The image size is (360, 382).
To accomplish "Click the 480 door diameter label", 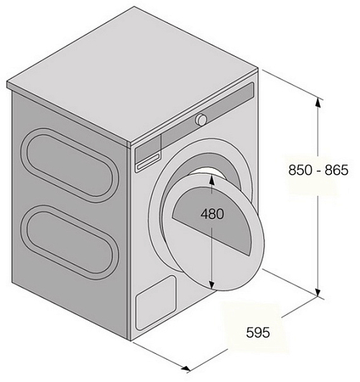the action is pos(212,214).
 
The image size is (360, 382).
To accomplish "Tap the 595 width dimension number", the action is pos(258,332).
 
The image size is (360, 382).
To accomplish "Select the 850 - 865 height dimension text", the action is pos(318,170).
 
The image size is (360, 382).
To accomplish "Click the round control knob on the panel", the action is pos(201,120).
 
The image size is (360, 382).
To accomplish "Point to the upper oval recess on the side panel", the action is pos(70,165).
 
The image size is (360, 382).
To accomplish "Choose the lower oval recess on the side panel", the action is pos(70,242).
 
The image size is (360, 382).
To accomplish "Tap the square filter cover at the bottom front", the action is pos(156,302).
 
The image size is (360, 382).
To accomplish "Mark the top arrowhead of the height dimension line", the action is pos(318,102).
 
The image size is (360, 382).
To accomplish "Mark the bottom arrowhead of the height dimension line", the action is pos(318,292).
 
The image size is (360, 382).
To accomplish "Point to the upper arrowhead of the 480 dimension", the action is pos(211,180).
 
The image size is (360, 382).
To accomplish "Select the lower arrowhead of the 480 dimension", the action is pos(211,284).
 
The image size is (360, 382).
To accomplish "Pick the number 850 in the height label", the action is pos(300,170).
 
